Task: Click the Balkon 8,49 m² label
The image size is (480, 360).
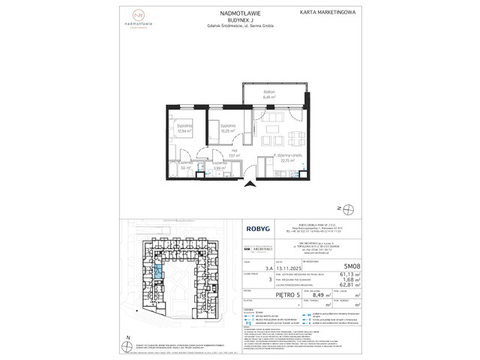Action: tap(270, 96)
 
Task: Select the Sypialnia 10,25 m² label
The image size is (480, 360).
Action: tap(228, 128)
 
